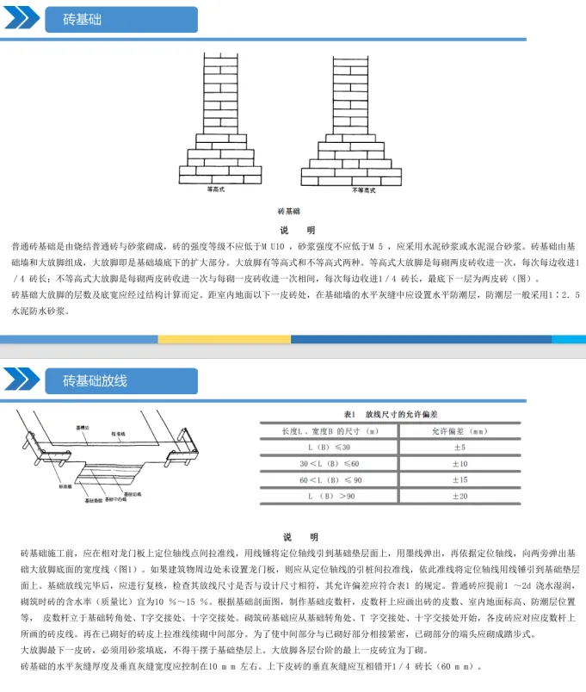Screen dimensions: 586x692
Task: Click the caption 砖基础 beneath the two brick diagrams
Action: click(288, 210)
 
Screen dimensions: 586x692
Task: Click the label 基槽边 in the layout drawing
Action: click(85, 428)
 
